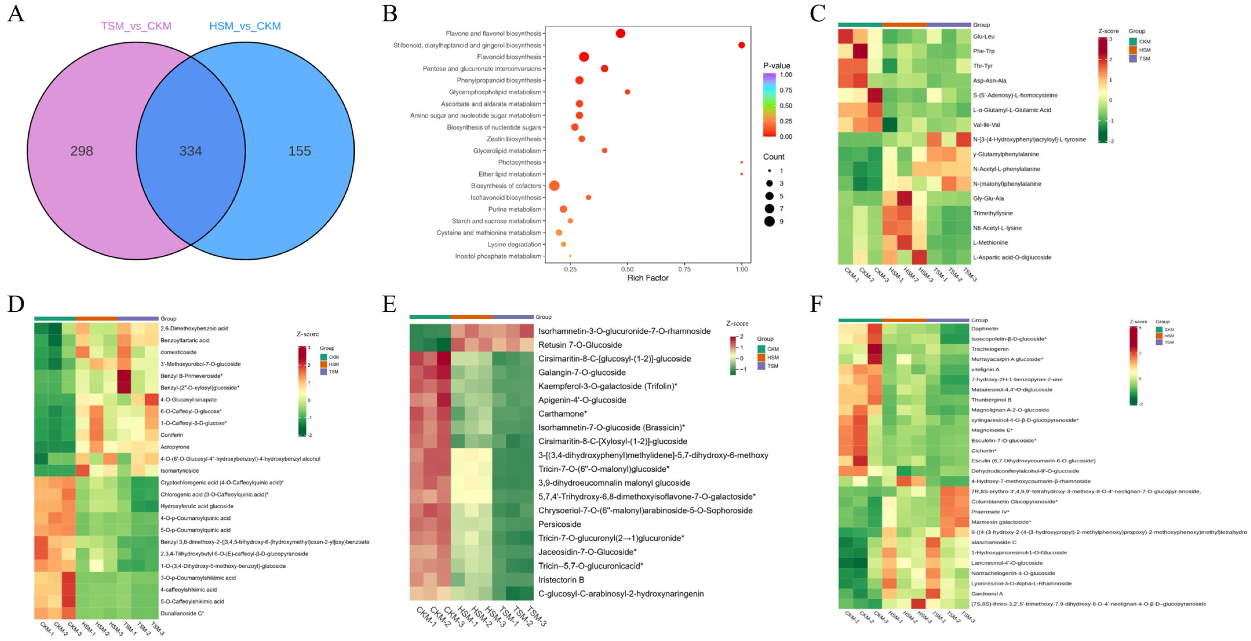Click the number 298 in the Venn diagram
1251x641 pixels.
pos(82,151)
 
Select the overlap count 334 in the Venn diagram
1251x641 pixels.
pos(190,151)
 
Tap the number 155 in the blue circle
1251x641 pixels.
pos(299,151)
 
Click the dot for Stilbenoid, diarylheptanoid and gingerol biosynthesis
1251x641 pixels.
pos(741,45)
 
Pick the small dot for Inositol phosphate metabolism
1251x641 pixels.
pos(570,256)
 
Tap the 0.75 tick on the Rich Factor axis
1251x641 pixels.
pos(684,269)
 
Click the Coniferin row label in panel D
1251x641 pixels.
pos(172,435)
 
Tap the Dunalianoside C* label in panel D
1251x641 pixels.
pos(182,613)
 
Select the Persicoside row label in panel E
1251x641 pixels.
pos(559,524)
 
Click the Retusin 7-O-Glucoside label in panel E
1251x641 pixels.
pos(580,345)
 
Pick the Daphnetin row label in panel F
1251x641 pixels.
pos(984,329)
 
